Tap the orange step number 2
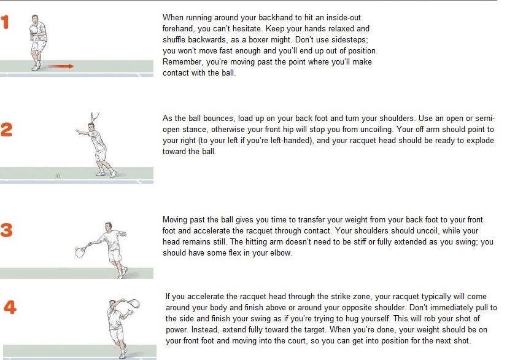[x=7, y=130]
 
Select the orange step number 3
[x=7, y=230]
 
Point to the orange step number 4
[x=10, y=307]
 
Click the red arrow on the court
[x=62, y=66]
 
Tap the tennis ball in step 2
[x=58, y=175]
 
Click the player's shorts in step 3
[x=114, y=255]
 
